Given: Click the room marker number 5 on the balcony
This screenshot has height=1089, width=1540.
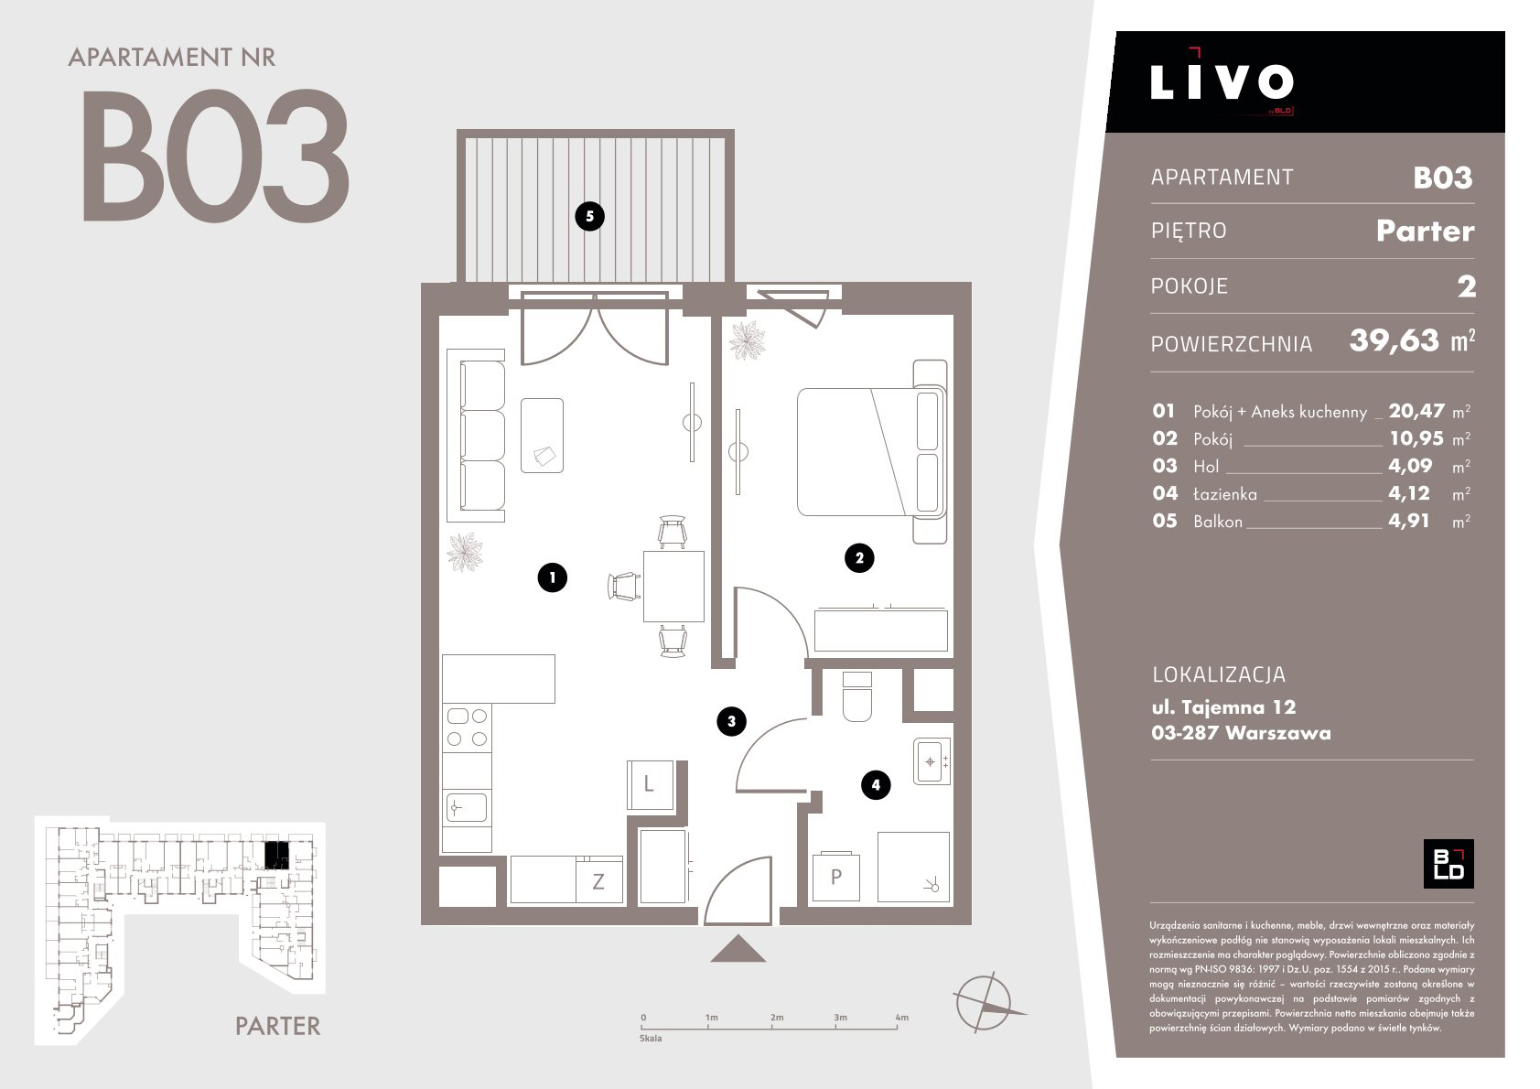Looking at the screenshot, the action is (589, 217).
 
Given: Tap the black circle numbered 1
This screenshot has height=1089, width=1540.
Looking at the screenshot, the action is (552, 577).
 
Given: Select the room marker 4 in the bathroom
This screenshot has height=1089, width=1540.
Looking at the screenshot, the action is (875, 785).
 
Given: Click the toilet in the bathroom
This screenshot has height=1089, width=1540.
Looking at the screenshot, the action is (856, 696).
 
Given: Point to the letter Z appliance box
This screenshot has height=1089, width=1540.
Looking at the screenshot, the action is (598, 880).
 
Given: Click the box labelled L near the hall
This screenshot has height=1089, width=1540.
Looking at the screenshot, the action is (650, 784).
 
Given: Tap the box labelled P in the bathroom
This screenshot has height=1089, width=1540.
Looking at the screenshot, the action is (836, 878).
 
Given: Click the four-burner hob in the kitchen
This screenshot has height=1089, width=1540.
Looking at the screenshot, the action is (467, 728).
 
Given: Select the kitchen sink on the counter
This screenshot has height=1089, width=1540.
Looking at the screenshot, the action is (467, 808).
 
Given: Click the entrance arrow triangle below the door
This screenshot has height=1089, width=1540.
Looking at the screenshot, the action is (738, 949).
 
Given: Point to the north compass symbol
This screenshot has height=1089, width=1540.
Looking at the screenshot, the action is (986, 1002).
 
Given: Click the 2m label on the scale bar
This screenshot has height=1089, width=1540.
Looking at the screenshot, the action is (776, 1018).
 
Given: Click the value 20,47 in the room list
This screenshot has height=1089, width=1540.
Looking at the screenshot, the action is (1416, 411).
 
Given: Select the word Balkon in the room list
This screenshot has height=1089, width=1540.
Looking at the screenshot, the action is (1218, 522).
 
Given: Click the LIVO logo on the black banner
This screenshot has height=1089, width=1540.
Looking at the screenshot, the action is (1222, 82).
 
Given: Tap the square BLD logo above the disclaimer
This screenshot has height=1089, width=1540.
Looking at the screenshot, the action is (1448, 864).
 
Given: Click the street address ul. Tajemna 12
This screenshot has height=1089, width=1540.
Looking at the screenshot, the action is (1223, 707).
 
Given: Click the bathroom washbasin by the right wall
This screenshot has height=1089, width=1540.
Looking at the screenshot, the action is (932, 761).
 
